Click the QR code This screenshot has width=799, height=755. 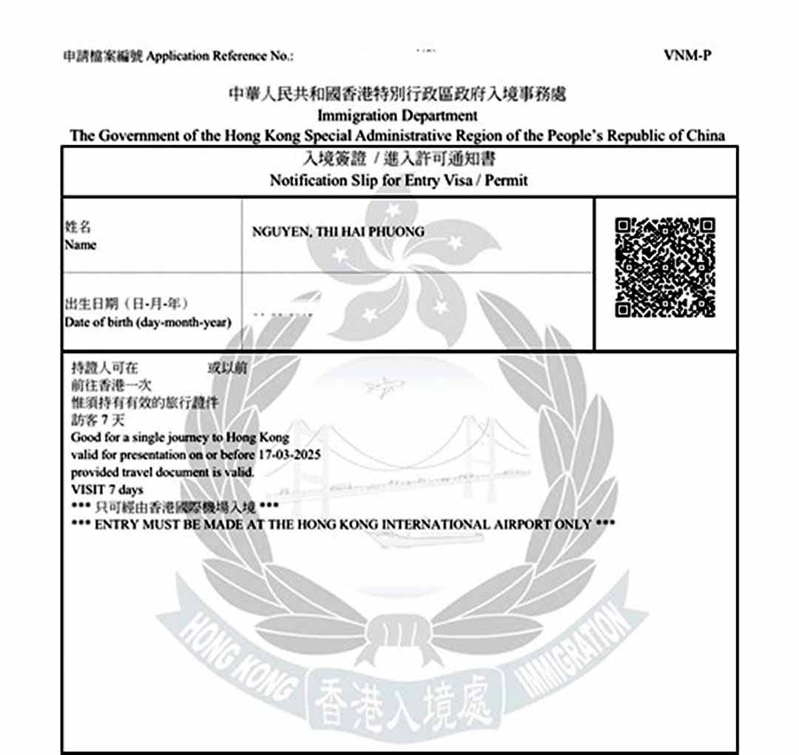665,266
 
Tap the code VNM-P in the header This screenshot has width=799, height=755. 688,56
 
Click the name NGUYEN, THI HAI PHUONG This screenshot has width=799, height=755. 338,232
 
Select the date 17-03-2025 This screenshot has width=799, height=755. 290,454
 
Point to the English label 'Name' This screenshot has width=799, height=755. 80,245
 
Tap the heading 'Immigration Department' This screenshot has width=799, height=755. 397,115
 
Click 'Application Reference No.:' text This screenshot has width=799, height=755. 220,56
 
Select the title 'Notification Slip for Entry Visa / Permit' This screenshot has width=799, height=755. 399,180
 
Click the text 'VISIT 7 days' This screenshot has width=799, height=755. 107,489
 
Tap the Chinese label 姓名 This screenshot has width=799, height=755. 78,228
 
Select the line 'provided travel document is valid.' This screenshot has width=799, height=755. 163,472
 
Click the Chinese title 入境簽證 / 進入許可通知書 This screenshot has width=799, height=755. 398,160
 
